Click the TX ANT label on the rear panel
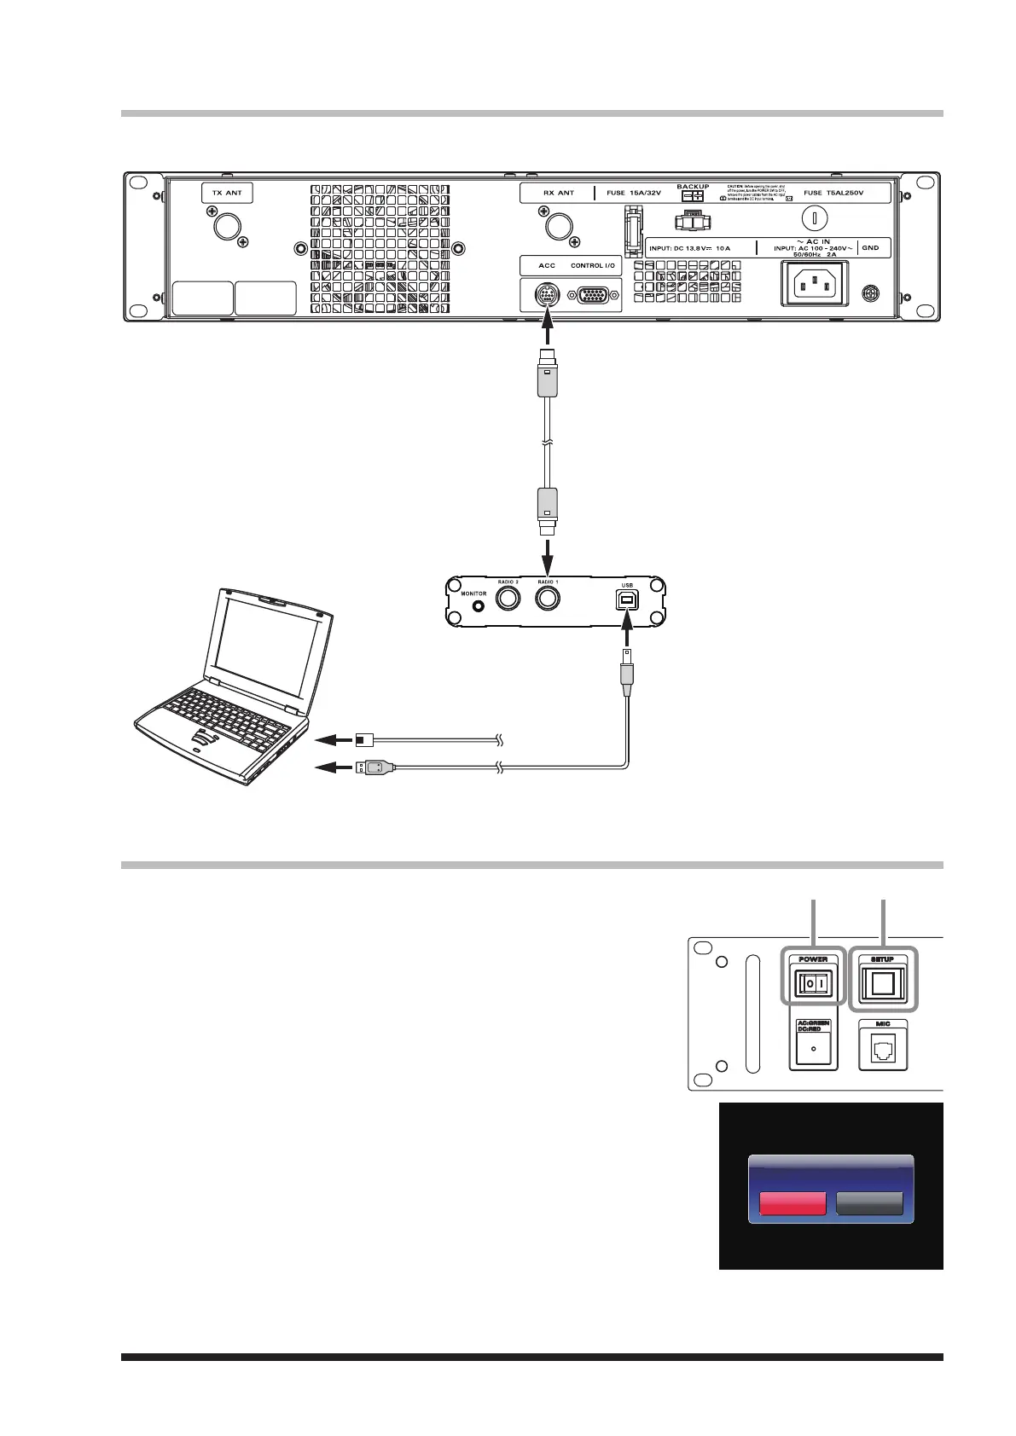tap(227, 193)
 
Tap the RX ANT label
tap(559, 193)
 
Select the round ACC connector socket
tap(547, 296)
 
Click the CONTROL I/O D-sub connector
tap(595, 296)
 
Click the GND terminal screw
tap(870, 292)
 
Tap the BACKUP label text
tap(693, 186)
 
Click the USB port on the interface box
tap(629, 600)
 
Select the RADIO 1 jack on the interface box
tap(548, 598)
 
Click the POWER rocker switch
tap(812, 985)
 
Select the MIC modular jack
tap(884, 1051)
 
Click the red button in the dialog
tap(792, 1202)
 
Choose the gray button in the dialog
tap(869, 1202)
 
